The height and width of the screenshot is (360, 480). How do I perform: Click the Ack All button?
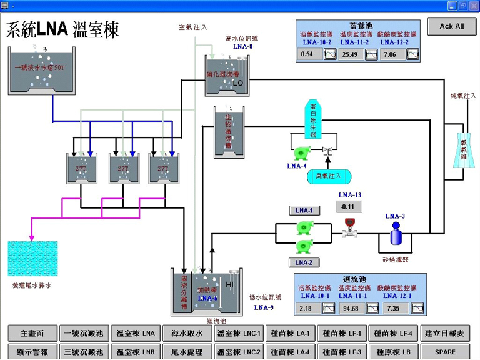point(451,26)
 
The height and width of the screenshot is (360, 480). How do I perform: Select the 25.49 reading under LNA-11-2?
point(350,54)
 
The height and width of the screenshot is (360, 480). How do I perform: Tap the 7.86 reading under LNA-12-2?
point(390,54)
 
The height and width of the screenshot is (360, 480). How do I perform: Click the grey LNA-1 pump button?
point(304,211)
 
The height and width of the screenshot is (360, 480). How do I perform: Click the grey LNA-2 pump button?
point(304,262)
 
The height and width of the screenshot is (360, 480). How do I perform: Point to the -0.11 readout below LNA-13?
point(348,207)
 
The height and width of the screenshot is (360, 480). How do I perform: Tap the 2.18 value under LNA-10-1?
point(307,309)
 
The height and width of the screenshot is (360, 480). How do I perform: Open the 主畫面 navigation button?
point(32,334)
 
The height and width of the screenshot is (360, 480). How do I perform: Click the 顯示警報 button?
point(32,352)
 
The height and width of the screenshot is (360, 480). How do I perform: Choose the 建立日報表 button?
point(446,334)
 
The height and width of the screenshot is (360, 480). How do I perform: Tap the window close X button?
point(474,5)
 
